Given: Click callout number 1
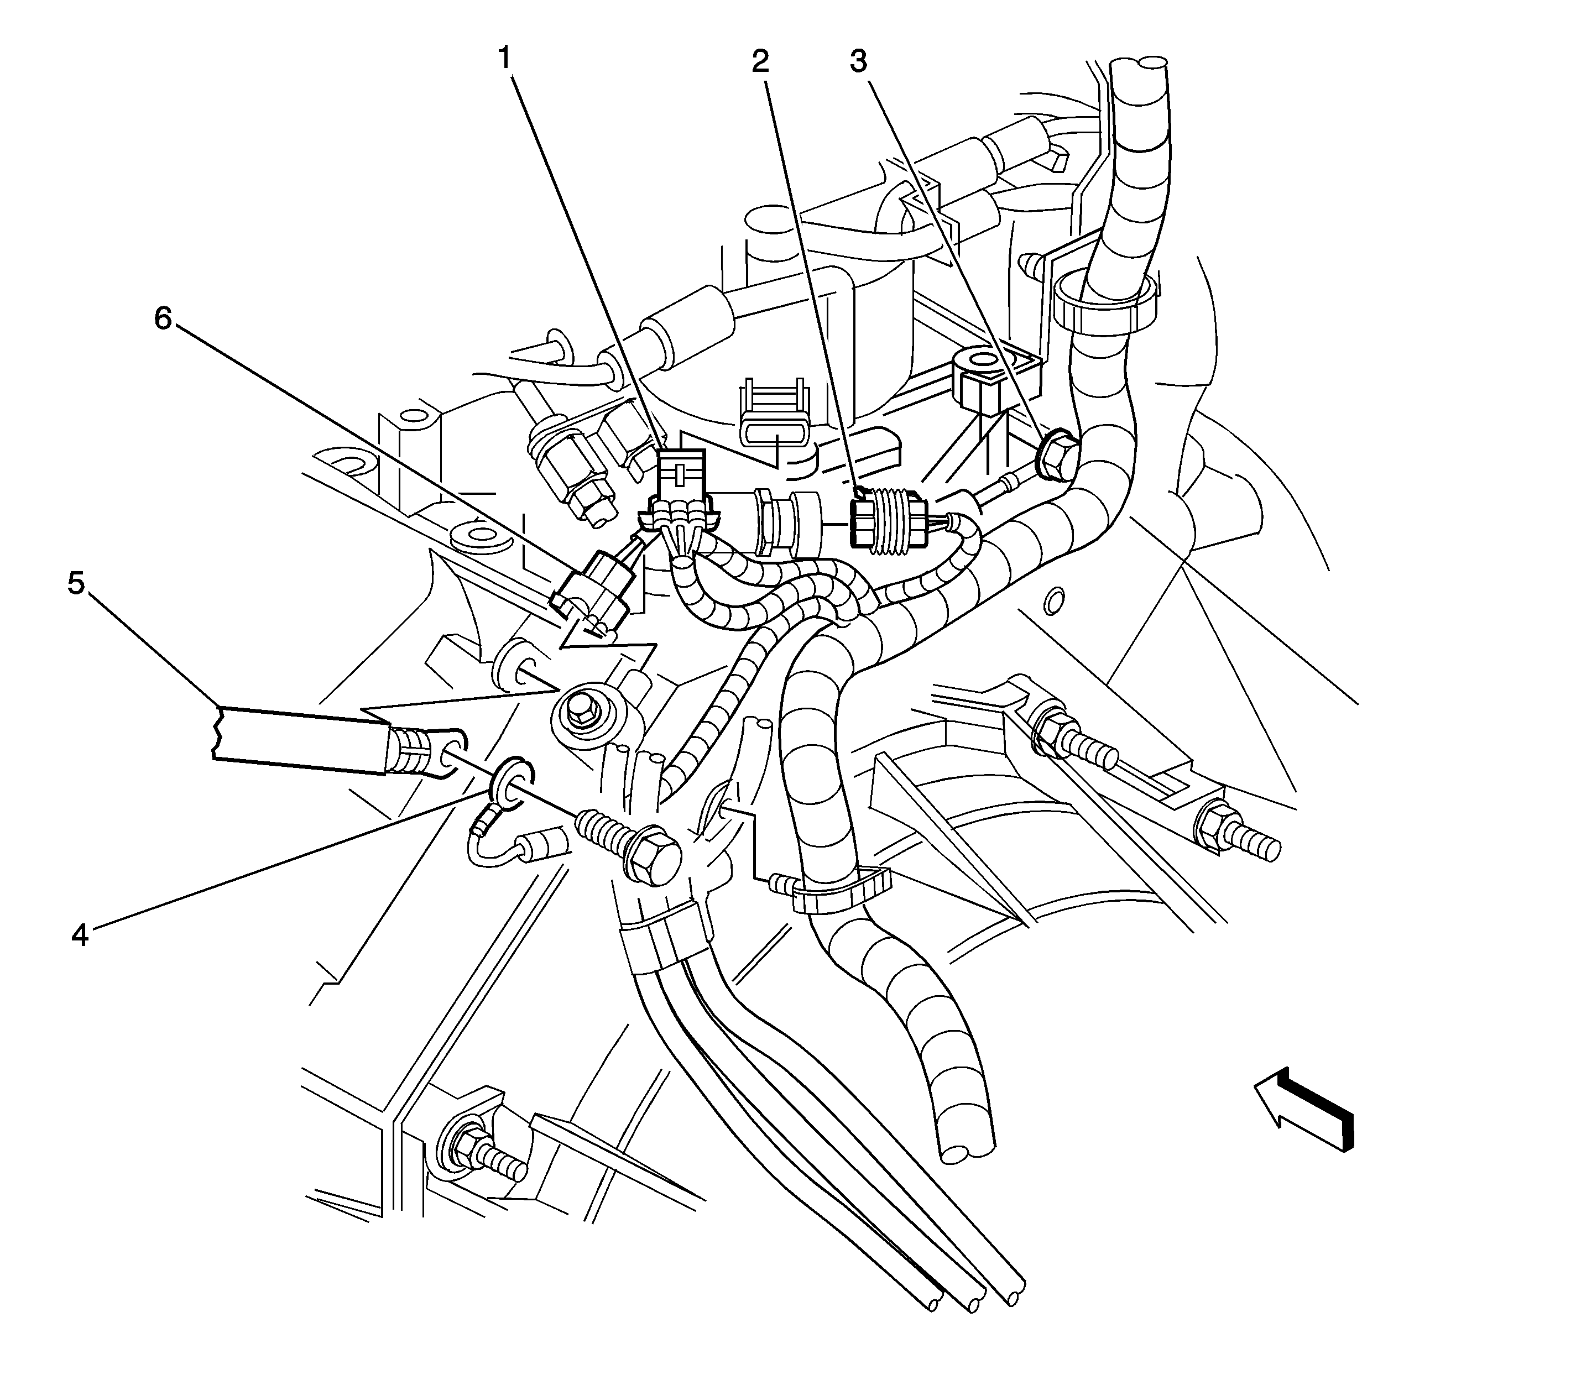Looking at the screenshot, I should (505, 57).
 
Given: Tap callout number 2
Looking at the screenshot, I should (760, 61).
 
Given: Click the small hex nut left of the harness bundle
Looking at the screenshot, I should (583, 712).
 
